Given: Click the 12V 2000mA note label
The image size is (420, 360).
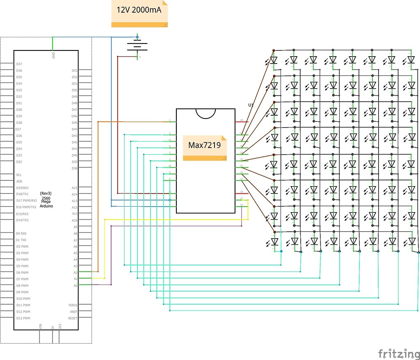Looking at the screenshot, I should [140, 10].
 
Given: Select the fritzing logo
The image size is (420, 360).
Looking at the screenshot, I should [396, 353].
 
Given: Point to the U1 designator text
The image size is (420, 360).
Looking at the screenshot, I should [251, 105].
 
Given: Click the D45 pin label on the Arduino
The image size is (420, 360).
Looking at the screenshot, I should [75, 123].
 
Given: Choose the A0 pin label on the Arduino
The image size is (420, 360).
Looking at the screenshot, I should [75, 286].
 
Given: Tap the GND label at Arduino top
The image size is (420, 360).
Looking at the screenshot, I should [53, 55].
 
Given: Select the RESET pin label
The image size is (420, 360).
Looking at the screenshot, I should [73, 318].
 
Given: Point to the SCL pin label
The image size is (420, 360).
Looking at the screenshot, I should [19, 175].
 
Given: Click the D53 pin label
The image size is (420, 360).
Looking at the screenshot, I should [75, 71].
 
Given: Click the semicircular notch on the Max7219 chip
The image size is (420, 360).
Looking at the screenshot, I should [205, 113].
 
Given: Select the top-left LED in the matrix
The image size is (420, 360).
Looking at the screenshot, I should [274, 60].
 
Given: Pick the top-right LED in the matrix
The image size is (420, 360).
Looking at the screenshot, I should [411, 60].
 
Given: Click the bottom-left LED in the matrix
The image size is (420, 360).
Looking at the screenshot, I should [274, 242].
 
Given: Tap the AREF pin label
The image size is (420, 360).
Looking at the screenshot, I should [73, 312].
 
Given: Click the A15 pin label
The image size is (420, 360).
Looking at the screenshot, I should [75, 188].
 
